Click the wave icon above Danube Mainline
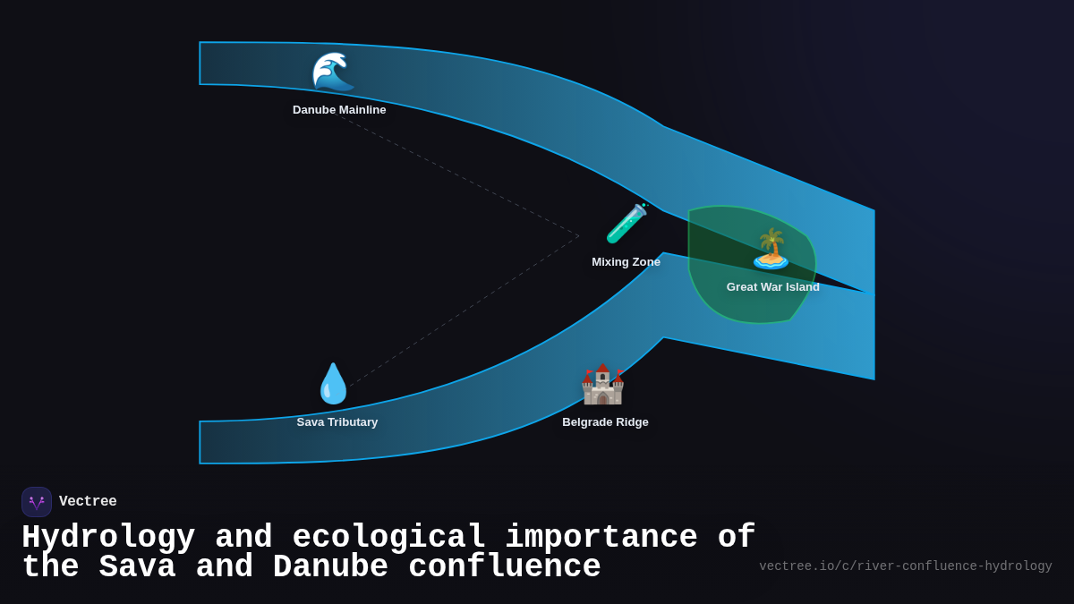tap(333, 72)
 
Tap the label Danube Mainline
tap(339, 110)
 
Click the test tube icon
tap(626, 224)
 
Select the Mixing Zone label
tap(626, 262)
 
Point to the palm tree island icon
tap(771, 249)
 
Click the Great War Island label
tap(772, 287)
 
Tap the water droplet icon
tap(333, 384)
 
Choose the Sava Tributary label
tap(337, 422)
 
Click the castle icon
tap(602, 385)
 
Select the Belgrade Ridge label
tap(605, 422)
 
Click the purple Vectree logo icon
tap(37, 502)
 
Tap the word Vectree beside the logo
tap(88, 502)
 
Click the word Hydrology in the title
tap(108, 538)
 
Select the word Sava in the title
tap(137, 567)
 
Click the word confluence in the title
tap(504, 567)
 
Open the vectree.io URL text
tap(905, 566)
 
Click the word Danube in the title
tap(330, 567)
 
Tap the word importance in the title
tap(601, 538)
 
